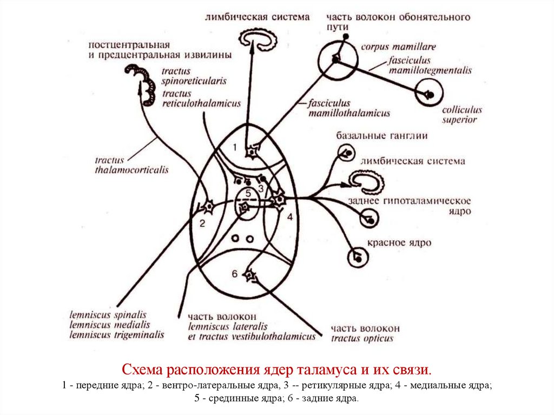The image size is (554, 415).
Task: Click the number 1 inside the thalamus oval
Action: pyautogui.click(x=235, y=147)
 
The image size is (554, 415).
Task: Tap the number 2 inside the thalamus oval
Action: pyautogui.click(x=202, y=223)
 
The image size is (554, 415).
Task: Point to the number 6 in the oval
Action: pyautogui.click(x=235, y=274)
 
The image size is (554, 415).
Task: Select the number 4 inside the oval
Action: pyautogui.click(x=289, y=217)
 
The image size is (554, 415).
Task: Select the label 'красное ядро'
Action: pyautogui.click(x=400, y=243)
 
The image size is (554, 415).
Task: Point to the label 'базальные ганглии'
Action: pyautogui.click(x=382, y=135)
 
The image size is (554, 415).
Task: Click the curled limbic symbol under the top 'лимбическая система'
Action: pyautogui.click(x=259, y=39)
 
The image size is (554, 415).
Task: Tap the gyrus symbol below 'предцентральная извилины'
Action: pyautogui.click(x=144, y=83)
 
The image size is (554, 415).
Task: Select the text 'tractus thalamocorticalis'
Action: pyautogui.click(x=131, y=165)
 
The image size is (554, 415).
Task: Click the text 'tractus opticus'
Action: pyautogui.click(x=362, y=339)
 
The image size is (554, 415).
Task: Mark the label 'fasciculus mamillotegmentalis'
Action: pyautogui.click(x=430, y=65)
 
